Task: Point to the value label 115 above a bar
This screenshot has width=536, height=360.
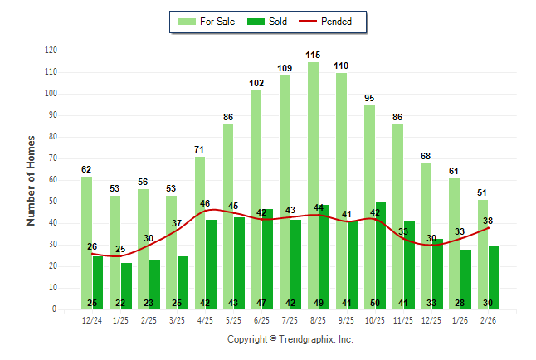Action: point(313,56)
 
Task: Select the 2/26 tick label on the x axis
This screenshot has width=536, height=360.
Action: point(488,320)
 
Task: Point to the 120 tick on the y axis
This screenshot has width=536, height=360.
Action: point(51,51)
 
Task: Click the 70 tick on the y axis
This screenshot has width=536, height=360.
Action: point(53,158)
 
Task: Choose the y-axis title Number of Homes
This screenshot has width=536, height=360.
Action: point(31,180)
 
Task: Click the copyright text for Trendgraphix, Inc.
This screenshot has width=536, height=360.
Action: point(290,339)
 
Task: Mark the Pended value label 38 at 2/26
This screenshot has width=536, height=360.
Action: point(489,221)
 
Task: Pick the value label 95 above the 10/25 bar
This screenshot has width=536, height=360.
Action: point(369,99)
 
